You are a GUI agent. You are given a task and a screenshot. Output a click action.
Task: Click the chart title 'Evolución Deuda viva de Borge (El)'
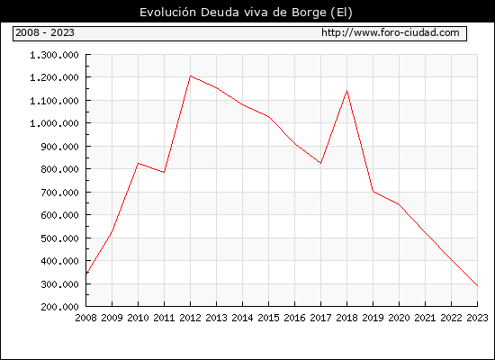click(x=246, y=13)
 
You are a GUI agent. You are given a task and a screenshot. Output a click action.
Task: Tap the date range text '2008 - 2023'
click(x=45, y=32)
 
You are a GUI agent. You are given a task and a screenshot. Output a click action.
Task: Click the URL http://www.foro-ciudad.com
click(x=391, y=32)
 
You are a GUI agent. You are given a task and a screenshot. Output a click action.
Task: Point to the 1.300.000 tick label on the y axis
click(x=54, y=55)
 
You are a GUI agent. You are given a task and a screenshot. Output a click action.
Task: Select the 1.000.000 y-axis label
click(x=54, y=123)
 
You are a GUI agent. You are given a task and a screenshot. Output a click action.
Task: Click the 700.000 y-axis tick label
click(x=59, y=192)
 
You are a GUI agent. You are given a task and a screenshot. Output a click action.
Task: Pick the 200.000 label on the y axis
click(x=59, y=307)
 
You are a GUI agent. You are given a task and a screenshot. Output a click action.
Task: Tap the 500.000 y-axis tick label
click(x=59, y=238)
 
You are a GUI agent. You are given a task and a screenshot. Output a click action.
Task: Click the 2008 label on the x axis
click(x=85, y=318)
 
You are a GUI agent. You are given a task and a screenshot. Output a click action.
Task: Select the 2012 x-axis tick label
click(x=191, y=318)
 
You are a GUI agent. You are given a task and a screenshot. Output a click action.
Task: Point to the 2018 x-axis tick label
click(x=346, y=318)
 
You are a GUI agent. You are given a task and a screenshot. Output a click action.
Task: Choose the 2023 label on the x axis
click(x=477, y=318)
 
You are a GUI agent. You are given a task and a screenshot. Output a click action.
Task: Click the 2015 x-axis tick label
click(x=269, y=318)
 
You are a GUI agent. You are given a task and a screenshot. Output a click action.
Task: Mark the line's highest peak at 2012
click(x=191, y=76)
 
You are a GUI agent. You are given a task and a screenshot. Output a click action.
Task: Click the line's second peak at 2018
click(x=346, y=91)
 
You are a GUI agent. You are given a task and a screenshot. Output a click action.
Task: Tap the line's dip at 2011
click(x=164, y=172)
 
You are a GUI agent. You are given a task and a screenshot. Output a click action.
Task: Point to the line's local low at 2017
click(x=320, y=163)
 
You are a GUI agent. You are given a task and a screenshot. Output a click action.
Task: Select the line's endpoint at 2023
click(x=477, y=286)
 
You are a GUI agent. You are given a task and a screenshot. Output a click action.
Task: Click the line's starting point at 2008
click(x=86, y=274)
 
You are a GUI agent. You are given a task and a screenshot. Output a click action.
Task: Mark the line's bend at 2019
click(x=373, y=192)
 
